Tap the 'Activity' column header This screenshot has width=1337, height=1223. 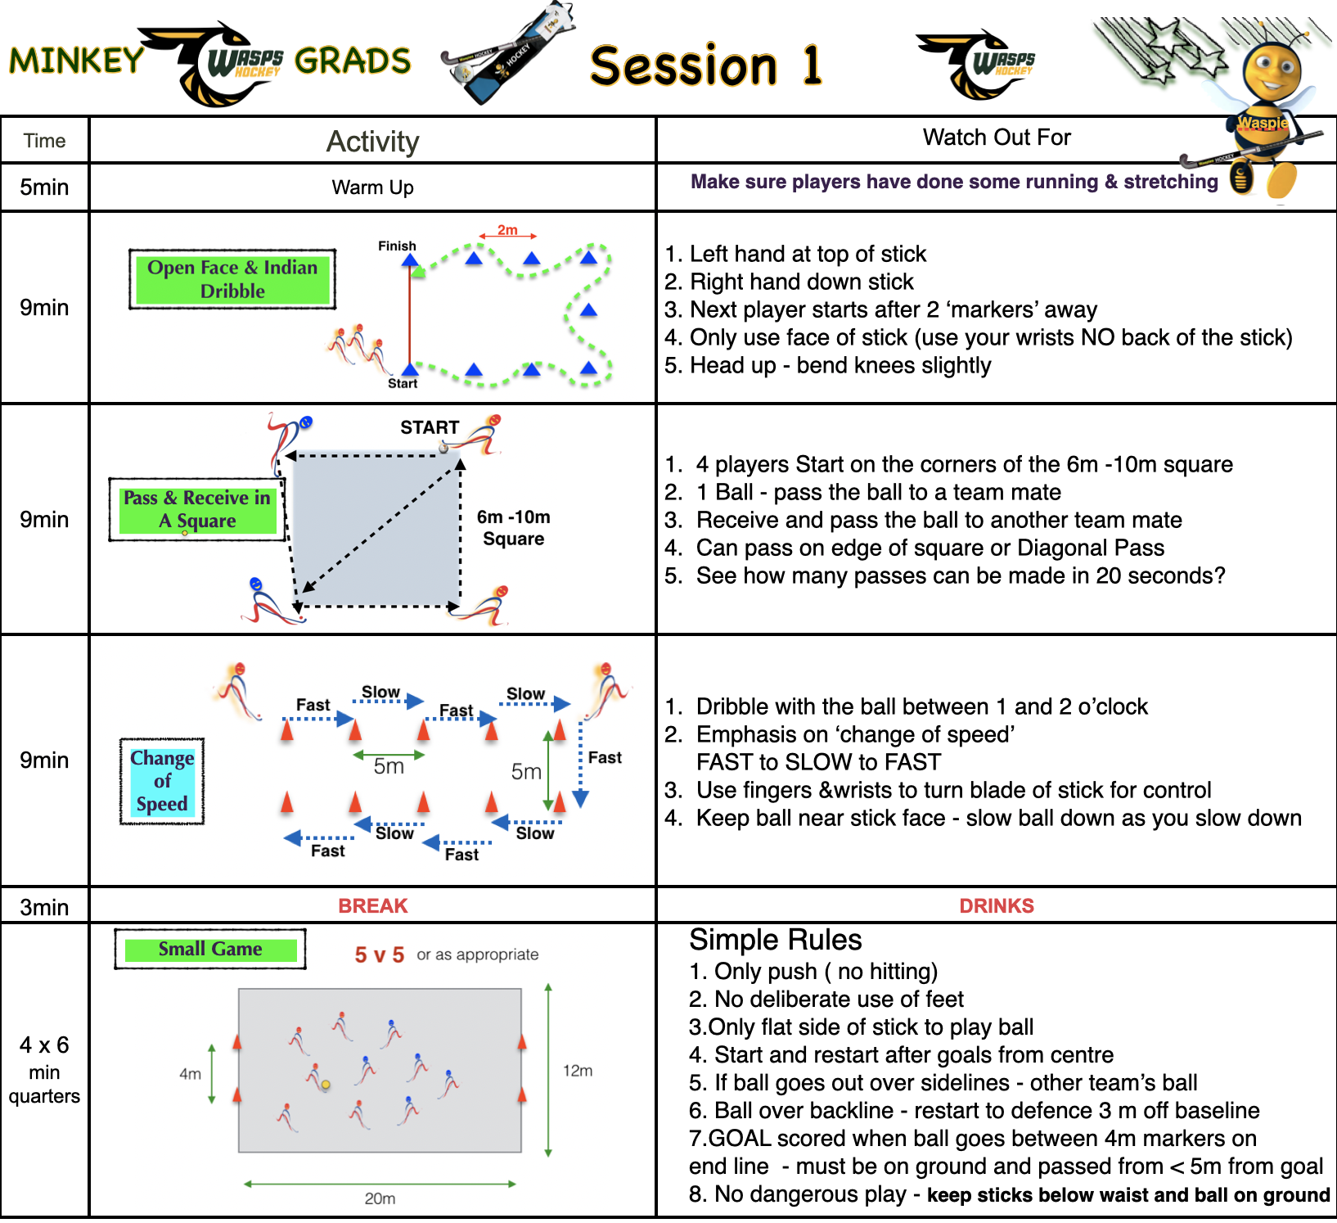pyautogui.click(x=372, y=142)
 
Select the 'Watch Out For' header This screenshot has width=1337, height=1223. pyautogui.click(x=996, y=138)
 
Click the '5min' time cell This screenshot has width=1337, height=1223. pyautogui.click(x=44, y=187)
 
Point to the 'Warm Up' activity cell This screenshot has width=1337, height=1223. pyautogui.click(x=372, y=187)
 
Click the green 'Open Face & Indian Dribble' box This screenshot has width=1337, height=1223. pyautogui.click(x=232, y=279)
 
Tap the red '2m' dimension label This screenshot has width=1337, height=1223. pyautogui.click(x=507, y=230)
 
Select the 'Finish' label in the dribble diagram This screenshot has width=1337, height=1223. pyautogui.click(x=397, y=246)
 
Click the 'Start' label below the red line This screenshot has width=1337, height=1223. pyautogui.click(x=402, y=383)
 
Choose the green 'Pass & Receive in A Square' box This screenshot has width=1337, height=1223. pyautogui.click(x=197, y=509)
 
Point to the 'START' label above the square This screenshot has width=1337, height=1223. pyautogui.click(x=430, y=427)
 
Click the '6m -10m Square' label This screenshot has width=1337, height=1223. pyautogui.click(x=513, y=528)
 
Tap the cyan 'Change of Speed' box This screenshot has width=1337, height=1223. pyautogui.click(x=162, y=781)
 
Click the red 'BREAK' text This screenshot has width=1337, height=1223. pyautogui.click(x=372, y=906)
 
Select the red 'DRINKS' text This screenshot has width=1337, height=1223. pyautogui.click(x=996, y=906)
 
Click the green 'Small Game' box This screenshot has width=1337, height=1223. pyautogui.click(x=210, y=950)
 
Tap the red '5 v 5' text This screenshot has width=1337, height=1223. pyautogui.click(x=379, y=955)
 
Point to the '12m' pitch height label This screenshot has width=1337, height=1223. pyautogui.click(x=578, y=1071)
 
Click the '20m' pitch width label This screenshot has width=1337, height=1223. pyautogui.click(x=380, y=1198)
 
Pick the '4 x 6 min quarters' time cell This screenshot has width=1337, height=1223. pyautogui.click(x=44, y=1070)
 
